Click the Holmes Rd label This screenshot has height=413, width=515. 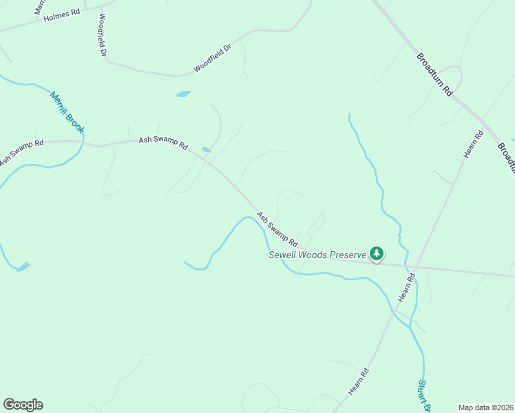61,16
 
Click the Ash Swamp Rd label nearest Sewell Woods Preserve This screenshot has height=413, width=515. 277,229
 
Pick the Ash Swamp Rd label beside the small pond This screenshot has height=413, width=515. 163,142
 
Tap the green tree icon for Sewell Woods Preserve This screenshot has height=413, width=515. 376,253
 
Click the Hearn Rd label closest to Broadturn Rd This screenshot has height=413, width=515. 474,143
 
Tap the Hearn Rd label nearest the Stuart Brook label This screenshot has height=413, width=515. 360,381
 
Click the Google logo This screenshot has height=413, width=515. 23,404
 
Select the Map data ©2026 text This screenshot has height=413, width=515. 485,407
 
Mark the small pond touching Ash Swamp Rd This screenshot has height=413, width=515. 206,149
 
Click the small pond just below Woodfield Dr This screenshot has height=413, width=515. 183,94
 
